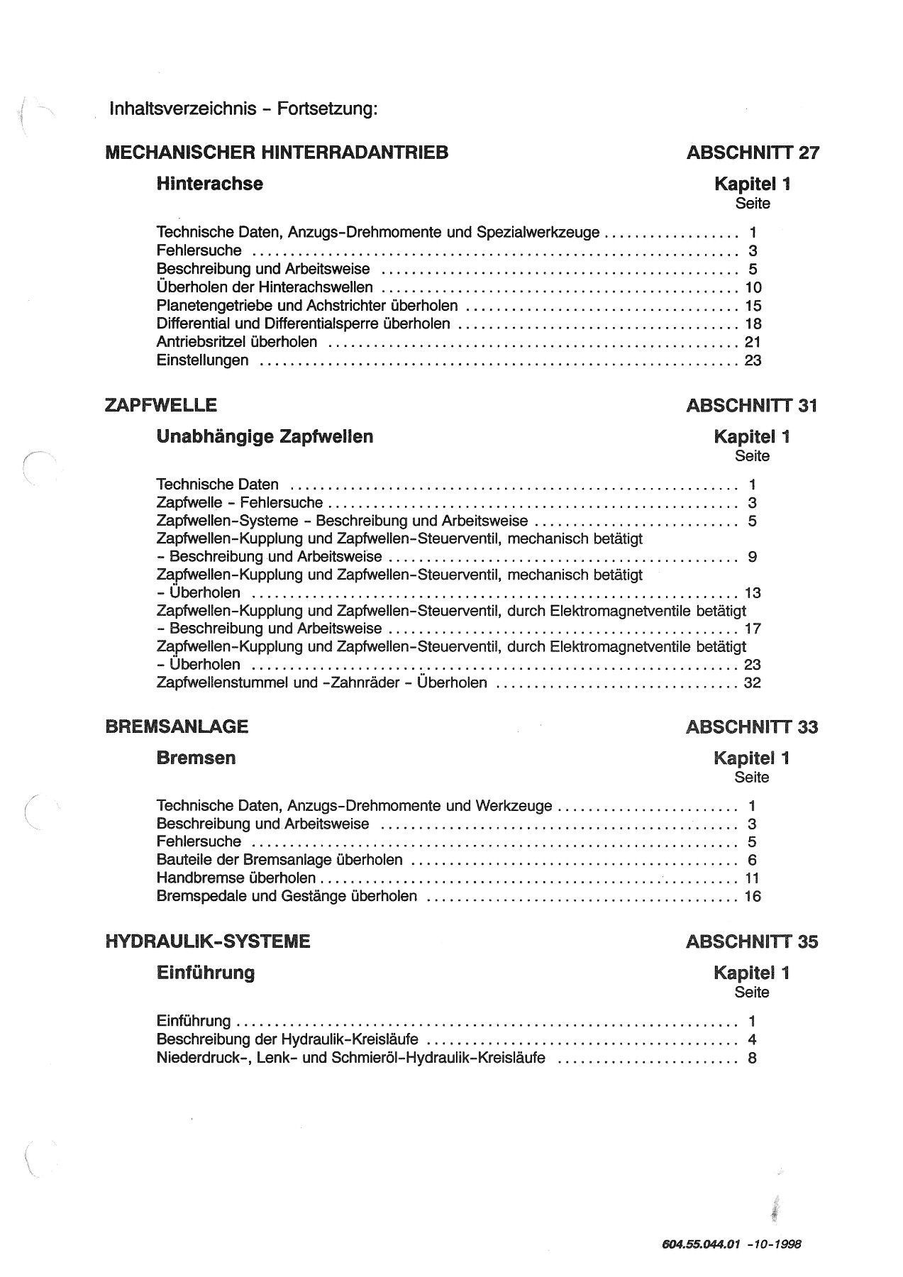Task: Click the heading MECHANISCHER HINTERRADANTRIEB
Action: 277,153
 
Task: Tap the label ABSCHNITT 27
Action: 753,153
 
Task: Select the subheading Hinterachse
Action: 209,184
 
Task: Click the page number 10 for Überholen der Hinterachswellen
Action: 753,287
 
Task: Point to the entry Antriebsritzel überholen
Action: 237,342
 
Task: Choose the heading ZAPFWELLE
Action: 161,405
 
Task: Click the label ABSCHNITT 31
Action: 753,406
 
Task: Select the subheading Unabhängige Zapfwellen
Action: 265,436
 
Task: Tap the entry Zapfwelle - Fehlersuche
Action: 239,503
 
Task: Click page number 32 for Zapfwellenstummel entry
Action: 753,682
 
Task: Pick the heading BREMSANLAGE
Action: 177,726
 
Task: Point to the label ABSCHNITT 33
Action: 753,727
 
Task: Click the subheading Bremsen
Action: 196,758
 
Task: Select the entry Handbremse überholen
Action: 236,878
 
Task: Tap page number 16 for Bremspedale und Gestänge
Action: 753,897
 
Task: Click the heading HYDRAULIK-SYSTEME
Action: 208,941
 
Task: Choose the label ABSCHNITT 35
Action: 753,942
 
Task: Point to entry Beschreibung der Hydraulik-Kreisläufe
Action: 287,1040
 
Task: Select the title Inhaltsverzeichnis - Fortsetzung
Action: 243,109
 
